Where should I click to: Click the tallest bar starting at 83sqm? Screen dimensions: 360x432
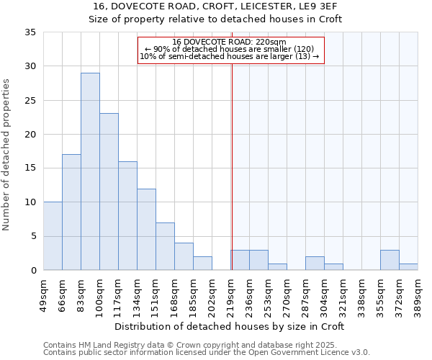coord(90,171)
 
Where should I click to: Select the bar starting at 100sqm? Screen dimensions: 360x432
coord(109,192)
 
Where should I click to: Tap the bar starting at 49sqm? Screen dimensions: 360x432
coord(53,236)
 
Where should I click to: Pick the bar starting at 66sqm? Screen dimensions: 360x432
coord(71,212)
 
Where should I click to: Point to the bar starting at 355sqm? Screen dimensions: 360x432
coord(390,260)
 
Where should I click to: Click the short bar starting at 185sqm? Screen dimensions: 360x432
coord(202,264)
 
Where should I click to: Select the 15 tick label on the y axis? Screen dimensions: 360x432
coord(30,168)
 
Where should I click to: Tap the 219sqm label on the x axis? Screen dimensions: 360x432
coord(230,294)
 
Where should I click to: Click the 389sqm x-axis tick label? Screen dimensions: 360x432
coord(418,294)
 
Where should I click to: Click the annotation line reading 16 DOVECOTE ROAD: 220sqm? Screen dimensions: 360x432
coord(230,42)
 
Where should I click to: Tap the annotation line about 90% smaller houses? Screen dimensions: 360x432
coord(230,49)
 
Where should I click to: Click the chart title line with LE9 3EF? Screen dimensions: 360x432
coord(215,6)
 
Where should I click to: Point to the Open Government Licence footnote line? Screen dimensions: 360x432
coord(207,353)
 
